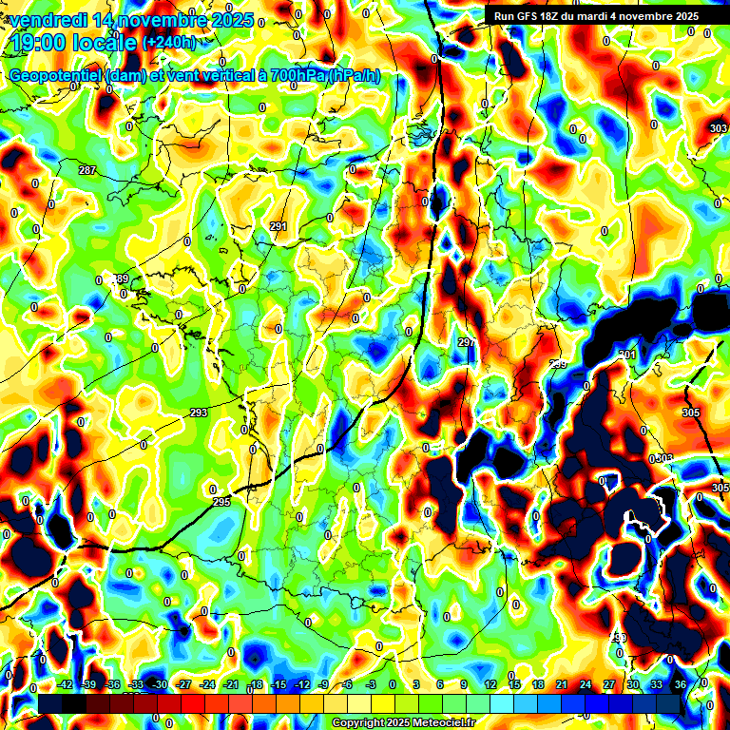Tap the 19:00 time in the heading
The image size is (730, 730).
click(41, 42)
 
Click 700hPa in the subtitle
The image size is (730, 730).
click(291, 76)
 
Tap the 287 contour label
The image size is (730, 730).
click(87, 170)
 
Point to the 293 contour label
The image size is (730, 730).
click(199, 413)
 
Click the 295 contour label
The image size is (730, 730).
click(221, 502)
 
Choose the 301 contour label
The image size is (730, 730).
click(625, 355)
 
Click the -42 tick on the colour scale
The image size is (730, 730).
click(66, 684)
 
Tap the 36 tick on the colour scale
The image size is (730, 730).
click(681, 684)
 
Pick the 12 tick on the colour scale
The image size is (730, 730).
click(490, 684)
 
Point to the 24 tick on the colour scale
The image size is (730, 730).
click(586, 684)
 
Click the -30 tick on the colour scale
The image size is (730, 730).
click(160, 684)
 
